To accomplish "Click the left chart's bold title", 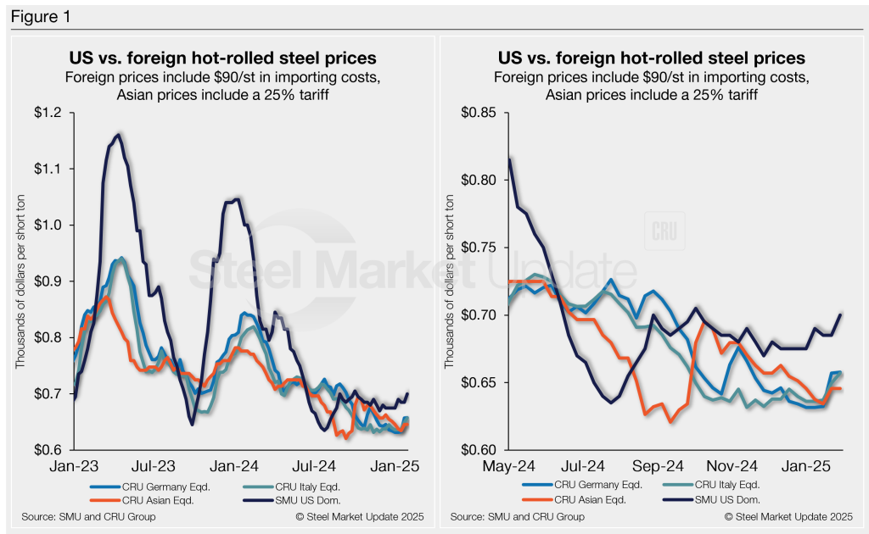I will pyautogui.click(x=222, y=58).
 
